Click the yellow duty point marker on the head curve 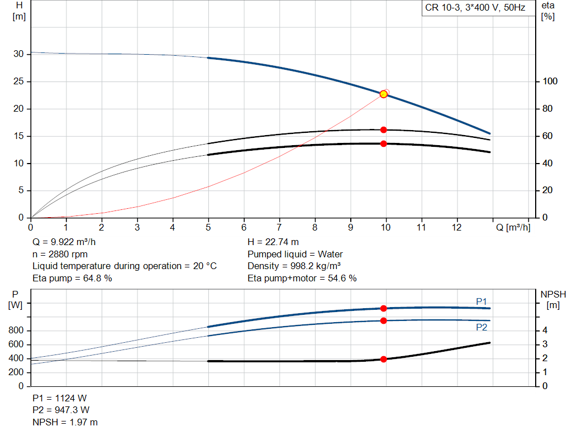tap(383, 94)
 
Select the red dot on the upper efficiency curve tap(383, 130)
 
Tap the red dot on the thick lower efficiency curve tap(383, 143)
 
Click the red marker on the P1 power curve tap(383, 308)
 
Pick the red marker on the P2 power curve tap(383, 320)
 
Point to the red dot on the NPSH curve tap(383, 360)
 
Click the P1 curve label tap(481, 301)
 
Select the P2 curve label tap(481, 327)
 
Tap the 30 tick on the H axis tap(18, 54)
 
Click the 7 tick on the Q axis tap(279, 227)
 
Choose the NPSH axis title tap(552, 294)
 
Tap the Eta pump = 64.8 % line tap(72, 278)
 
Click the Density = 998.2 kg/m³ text tap(294, 266)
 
